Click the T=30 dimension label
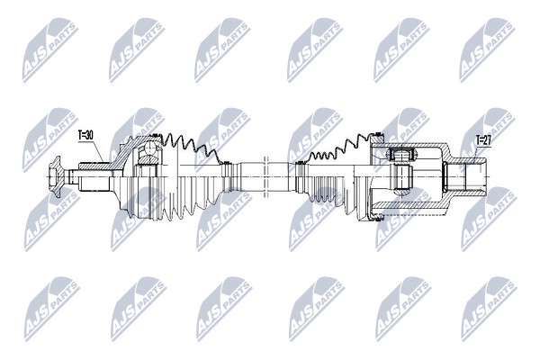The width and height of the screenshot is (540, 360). [85, 135]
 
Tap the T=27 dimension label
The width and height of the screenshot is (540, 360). [482, 139]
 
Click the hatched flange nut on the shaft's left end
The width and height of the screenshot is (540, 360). [55, 176]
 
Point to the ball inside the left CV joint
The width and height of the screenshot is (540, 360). [150, 148]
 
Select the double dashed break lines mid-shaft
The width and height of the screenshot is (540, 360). [265, 176]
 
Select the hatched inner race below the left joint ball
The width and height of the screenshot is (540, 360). [148, 159]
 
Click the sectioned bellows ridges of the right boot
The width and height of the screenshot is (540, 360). [338, 148]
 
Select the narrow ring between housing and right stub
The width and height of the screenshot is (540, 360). [445, 176]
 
